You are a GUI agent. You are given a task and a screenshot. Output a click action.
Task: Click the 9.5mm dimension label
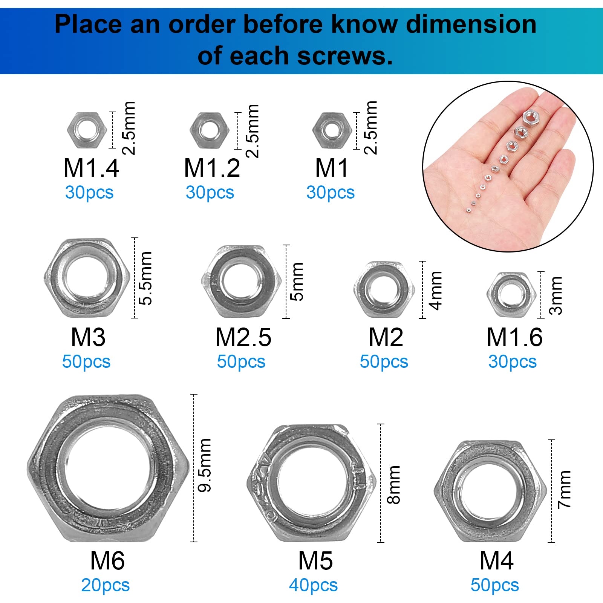coord(205,465)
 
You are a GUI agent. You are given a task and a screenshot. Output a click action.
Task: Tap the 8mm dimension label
coord(393,485)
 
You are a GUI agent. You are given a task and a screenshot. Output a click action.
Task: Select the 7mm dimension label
coord(564,489)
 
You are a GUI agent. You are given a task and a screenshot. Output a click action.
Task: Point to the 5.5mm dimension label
coord(145,278)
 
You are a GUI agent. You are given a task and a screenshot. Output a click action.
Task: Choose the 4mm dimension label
coord(436,291)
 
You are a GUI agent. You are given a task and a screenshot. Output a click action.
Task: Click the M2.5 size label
coord(243,337)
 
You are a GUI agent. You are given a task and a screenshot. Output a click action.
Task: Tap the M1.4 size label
coord(91,168)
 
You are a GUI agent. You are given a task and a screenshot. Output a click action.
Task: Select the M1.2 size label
coord(212,168)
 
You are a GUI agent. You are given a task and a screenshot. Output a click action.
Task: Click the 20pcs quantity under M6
coord(106,585)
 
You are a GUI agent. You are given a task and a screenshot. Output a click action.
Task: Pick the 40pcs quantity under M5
coord(313,585)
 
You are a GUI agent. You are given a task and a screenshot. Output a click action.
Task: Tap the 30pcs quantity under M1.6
coord(513,362)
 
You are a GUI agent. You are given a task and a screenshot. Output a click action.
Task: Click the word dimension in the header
coord(471,24)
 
